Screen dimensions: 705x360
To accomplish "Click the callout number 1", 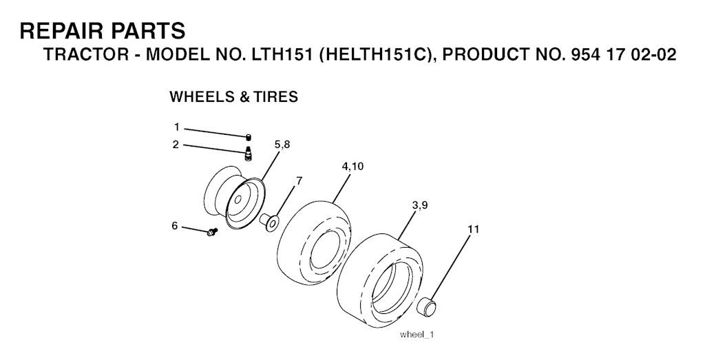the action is click(x=177, y=127).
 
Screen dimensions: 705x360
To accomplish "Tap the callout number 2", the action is click(x=176, y=145).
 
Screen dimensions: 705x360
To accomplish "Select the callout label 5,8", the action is click(x=282, y=145).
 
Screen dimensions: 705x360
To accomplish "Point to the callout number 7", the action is click(x=299, y=180).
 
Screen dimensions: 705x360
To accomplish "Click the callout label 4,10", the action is click(x=352, y=167).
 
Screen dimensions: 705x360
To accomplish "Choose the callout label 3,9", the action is click(x=419, y=205).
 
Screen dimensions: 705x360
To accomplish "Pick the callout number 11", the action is click(x=474, y=229).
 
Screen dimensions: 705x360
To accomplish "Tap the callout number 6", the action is click(x=175, y=226).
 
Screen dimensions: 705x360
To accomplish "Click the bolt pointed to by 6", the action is click(x=212, y=232).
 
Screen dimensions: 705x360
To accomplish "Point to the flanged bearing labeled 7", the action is click(x=270, y=222).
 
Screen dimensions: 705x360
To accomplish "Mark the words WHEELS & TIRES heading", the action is click(x=234, y=96).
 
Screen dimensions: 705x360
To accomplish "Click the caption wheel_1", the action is click(x=417, y=335).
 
